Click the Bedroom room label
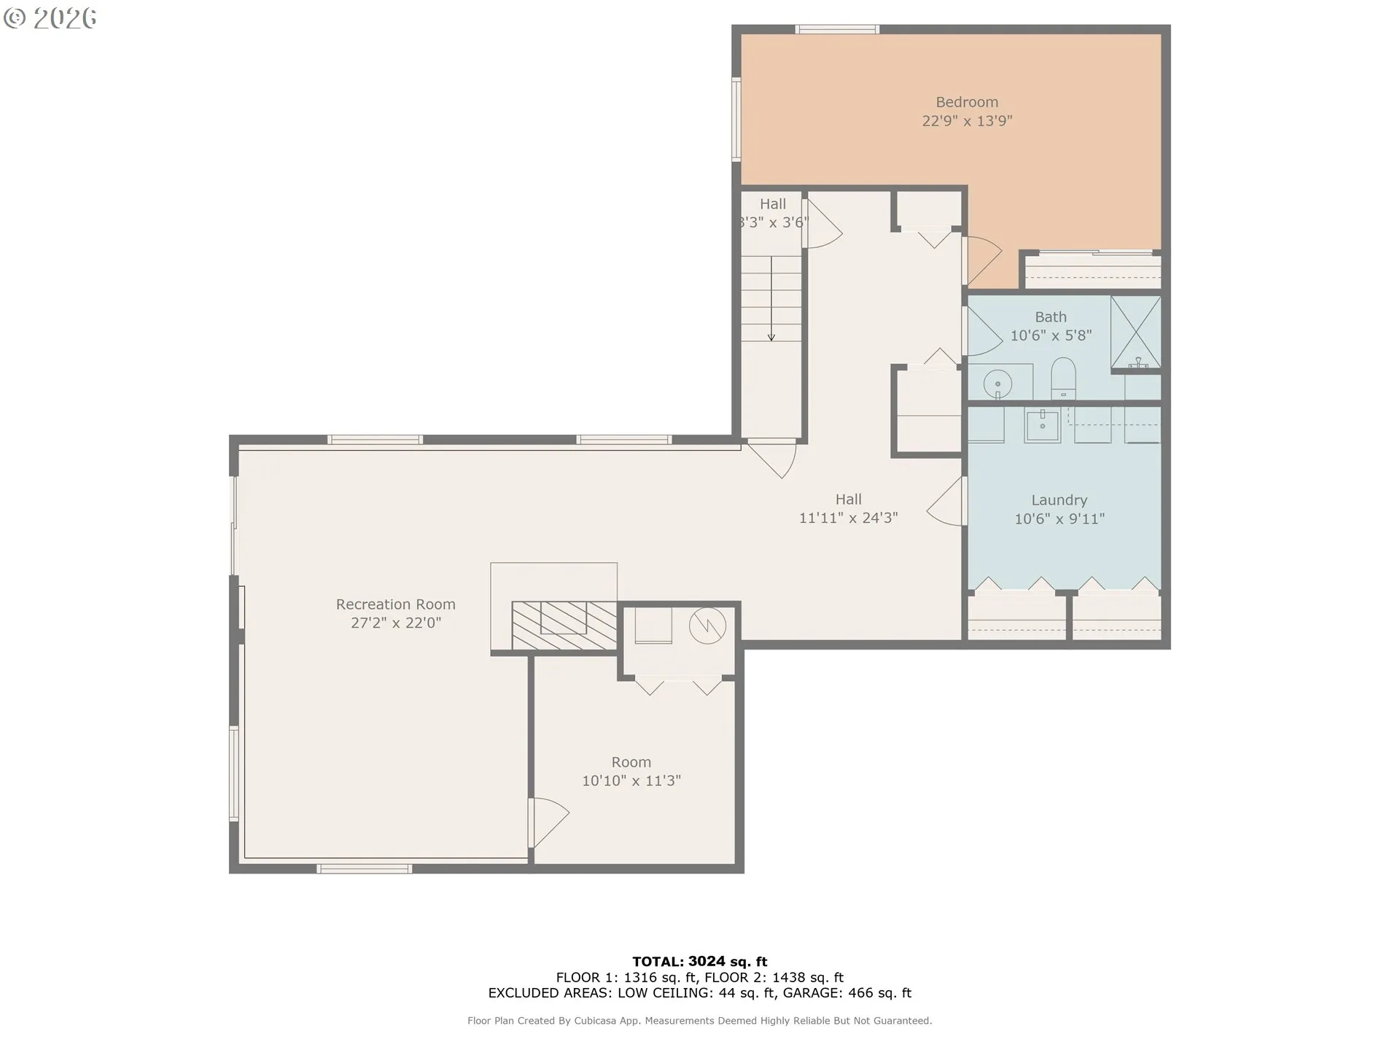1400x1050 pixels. point(967,102)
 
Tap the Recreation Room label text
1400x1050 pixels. point(395,604)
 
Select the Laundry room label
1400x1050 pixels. point(1059,500)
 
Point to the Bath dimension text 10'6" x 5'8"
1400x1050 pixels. point(1051,335)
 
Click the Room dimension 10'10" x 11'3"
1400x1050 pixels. point(631,780)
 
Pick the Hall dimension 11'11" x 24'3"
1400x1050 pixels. point(848,518)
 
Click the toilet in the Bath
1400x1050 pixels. point(1063,378)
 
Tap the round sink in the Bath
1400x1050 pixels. point(997,383)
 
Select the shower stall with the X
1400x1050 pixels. point(1135,332)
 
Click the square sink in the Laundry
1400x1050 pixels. point(1043,424)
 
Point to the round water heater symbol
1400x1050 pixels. point(707,625)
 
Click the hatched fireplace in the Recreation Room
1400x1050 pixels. point(564,625)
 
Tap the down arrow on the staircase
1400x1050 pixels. point(771,298)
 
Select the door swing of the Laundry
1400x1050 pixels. point(946,502)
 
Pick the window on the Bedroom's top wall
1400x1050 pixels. point(837,30)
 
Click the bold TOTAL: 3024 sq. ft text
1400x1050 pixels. point(699,961)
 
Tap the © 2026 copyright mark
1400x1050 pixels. point(50,18)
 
